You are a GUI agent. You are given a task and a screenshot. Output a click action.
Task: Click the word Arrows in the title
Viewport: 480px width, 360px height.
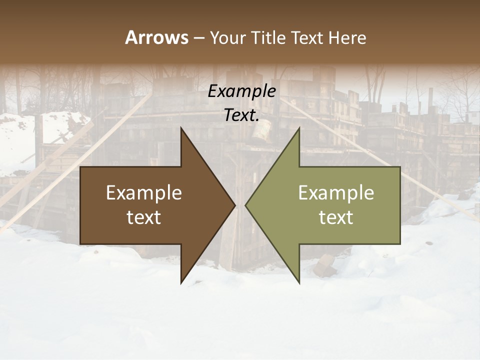click(156, 37)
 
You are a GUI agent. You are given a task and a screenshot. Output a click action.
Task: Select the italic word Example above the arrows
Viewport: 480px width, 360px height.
click(241, 91)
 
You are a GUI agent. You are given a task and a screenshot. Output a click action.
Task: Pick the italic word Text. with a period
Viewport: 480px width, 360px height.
click(241, 115)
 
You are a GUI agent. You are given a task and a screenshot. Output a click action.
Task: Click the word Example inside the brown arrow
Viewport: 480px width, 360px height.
click(144, 193)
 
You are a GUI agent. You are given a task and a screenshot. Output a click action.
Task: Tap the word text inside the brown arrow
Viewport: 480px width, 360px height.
click(144, 217)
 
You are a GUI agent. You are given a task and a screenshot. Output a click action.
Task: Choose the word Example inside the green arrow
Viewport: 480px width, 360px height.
click(336, 193)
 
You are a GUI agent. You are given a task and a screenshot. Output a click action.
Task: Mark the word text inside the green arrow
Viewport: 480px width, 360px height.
click(336, 217)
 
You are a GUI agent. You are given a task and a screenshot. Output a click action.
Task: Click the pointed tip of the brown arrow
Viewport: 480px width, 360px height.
click(235, 205)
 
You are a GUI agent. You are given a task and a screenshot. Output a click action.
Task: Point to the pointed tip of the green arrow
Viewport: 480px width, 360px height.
click(245, 205)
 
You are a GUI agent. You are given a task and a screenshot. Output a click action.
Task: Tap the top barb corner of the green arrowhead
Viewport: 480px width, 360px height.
click(299, 128)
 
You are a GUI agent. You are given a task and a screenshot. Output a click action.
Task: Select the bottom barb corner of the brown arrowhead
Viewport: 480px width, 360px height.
click(181, 283)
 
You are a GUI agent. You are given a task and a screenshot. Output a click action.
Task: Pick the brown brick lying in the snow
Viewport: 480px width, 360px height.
click(325, 265)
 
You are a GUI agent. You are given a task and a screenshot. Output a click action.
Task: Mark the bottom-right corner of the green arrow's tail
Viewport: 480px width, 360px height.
click(399, 243)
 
